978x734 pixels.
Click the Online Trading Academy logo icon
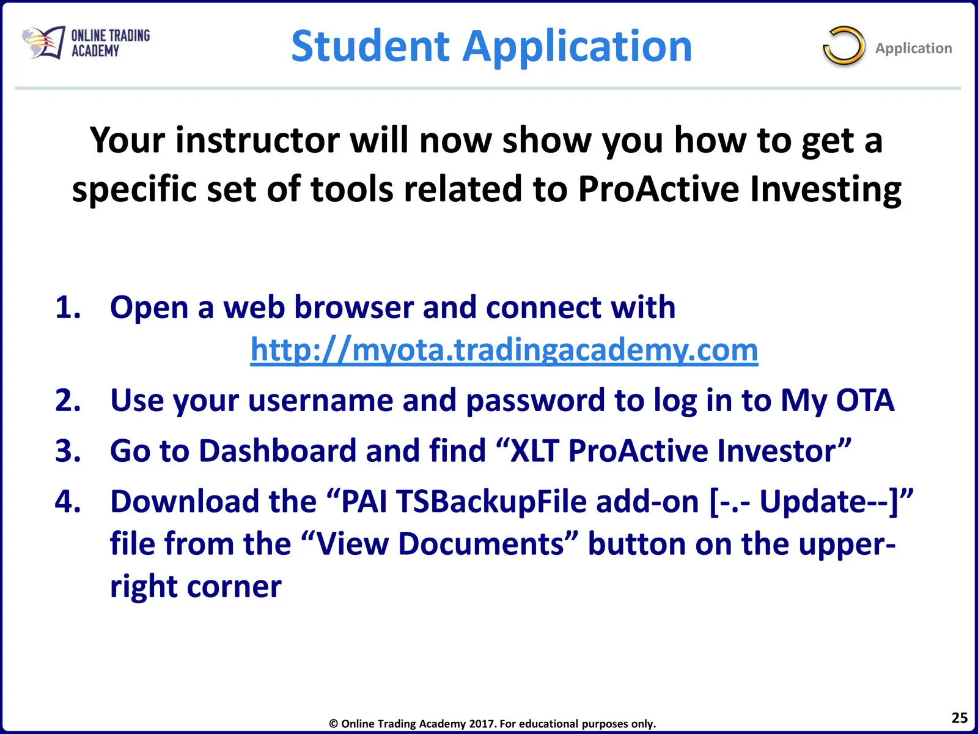tap(43, 42)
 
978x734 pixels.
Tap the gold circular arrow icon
tap(844, 46)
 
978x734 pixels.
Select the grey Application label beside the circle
tap(913, 48)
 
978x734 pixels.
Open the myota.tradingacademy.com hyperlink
tap(504, 350)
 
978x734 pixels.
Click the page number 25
tap(959, 717)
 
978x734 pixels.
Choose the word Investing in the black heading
tap(826, 190)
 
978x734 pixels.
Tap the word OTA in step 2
tap(865, 400)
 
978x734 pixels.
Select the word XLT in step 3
tap(534, 451)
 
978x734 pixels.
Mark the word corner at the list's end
tap(234, 587)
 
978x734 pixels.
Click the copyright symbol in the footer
tap(333, 724)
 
